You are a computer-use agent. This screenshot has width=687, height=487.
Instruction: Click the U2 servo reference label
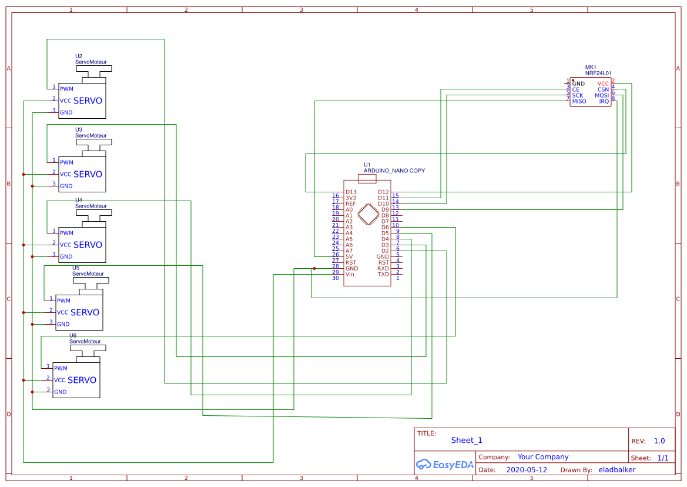coord(79,56)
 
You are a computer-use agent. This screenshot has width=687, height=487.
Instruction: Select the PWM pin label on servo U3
coord(66,162)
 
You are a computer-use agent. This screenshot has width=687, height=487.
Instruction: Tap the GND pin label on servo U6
coord(61,392)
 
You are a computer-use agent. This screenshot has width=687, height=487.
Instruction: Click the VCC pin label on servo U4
coord(65,245)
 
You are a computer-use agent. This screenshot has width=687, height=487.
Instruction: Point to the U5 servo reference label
coord(75,268)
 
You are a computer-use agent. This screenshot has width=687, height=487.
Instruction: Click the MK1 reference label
coord(591,67)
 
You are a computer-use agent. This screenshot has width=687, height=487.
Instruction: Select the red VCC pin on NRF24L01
coord(603,84)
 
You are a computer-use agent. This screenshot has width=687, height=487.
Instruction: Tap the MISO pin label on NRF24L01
coord(579,101)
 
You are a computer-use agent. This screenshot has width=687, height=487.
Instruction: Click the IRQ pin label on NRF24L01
coord(604,101)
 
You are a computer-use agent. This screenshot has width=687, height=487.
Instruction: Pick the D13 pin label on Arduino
coord(351,192)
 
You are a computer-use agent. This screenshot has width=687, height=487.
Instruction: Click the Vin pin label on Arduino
coord(350,274)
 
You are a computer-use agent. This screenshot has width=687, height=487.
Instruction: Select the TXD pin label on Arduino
coord(383,274)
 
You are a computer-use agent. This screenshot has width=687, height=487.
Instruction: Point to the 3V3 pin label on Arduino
coord(351,198)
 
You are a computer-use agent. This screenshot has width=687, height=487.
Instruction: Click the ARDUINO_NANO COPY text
coord(394,171)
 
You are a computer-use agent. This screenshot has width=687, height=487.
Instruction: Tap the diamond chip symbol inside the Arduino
coord(367,215)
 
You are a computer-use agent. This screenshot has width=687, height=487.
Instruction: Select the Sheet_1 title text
coord(467,440)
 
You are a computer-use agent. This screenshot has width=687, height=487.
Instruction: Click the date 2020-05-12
coord(526,470)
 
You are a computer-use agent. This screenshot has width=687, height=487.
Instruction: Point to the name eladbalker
coord(616,470)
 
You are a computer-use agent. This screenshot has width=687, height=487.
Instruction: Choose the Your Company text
coord(543,457)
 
